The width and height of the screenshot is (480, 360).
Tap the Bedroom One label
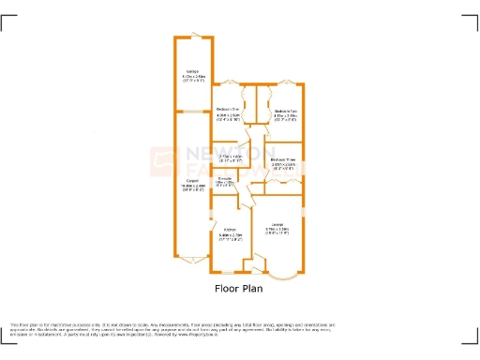(229, 109)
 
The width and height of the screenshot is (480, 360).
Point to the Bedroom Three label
(285, 159)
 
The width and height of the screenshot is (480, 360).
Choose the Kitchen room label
(229, 230)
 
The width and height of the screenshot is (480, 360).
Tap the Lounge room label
(277, 223)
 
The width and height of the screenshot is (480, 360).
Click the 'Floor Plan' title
(239, 290)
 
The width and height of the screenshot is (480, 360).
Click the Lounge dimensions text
(277, 230)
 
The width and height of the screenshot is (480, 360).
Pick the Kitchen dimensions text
(229, 236)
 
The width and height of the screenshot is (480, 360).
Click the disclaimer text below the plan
(239, 328)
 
